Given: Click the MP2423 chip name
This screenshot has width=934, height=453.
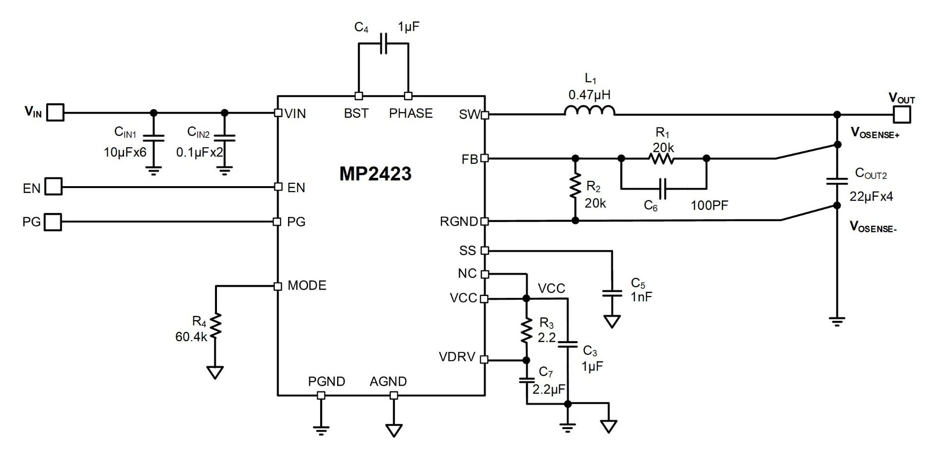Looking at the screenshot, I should click(375, 174).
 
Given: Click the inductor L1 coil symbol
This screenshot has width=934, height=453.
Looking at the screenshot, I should click(590, 111).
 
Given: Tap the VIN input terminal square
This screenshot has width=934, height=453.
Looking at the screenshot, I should click(56, 113).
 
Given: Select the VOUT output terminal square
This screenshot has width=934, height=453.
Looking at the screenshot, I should click(902, 115).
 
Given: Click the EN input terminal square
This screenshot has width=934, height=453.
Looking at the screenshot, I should click(54, 187).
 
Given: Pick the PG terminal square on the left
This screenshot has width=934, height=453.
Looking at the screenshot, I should click(54, 222).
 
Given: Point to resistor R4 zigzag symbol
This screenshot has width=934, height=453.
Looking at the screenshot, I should click(215, 325).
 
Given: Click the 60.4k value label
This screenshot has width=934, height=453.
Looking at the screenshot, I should click(191, 336).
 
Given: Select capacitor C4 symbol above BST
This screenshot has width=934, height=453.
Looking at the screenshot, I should click(383, 43).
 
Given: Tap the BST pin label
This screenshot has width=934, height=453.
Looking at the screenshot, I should click(356, 113).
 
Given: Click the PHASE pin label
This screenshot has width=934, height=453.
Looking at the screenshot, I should click(411, 113).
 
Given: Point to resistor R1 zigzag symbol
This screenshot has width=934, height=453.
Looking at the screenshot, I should click(662, 158).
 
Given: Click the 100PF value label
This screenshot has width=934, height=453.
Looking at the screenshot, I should click(709, 206).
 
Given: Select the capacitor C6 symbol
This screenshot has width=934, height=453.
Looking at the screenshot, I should click(663, 188).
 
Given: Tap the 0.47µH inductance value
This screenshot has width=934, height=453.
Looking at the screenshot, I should click(589, 95).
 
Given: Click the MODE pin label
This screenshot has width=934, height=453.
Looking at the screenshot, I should click(307, 285).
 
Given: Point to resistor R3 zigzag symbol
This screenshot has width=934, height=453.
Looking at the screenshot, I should click(526, 330).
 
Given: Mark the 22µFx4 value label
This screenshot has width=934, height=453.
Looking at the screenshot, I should click(871, 197).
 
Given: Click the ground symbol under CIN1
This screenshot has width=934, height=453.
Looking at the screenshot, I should click(154, 170).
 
